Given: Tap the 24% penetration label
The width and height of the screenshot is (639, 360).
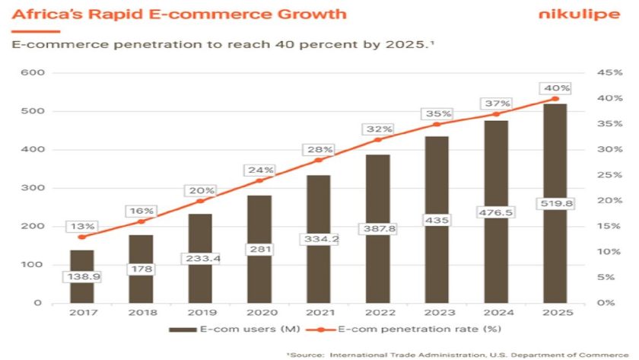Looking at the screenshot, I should pos(259,170).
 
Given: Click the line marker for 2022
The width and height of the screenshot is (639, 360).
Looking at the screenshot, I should pos(377,139).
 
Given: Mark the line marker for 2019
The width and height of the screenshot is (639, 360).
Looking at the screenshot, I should pos(200,201).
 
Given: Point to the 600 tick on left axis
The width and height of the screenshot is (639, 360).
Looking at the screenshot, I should pos(36,73).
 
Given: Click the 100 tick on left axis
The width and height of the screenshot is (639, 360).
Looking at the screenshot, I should pos(36,265).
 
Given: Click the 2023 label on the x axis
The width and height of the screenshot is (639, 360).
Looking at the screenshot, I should pos(436,312).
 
